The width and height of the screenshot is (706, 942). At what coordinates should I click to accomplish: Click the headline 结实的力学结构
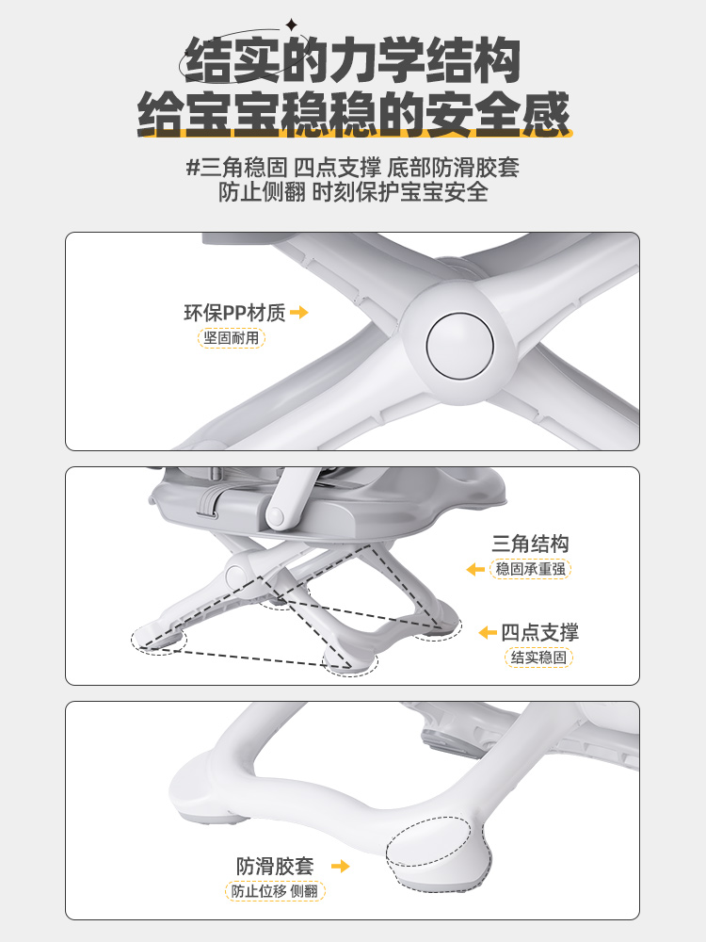[x=352, y=60]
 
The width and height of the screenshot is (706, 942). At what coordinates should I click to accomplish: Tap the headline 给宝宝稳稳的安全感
[x=353, y=114]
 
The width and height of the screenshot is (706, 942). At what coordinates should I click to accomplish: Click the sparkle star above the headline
[x=291, y=25]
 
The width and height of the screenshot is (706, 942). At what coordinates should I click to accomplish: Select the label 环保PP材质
[x=234, y=313]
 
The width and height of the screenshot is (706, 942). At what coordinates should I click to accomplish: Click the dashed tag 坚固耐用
[x=232, y=337]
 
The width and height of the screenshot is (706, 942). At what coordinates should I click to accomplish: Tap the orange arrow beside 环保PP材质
[x=299, y=313]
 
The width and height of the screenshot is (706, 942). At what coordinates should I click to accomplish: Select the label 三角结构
[x=530, y=544]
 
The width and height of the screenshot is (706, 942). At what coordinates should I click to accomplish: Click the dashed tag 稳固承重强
[x=530, y=569]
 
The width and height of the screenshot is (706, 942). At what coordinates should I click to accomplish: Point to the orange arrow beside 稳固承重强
[x=475, y=569]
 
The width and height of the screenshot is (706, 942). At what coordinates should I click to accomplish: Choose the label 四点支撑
[x=539, y=632]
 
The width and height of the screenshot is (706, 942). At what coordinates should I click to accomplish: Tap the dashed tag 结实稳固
[x=538, y=658]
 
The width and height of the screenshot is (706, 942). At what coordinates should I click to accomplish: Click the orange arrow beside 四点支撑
[x=488, y=632]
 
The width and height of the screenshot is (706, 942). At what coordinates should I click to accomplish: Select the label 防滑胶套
[x=275, y=866]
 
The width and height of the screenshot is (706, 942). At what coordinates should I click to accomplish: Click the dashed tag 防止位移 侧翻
[x=275, y=891]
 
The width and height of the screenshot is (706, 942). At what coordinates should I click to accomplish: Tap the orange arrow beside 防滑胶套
[x=341, y=866]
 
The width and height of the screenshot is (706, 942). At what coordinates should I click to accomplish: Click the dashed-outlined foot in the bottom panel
[x=439, y=853]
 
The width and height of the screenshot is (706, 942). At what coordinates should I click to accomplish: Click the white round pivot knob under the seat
[x=276, y=515]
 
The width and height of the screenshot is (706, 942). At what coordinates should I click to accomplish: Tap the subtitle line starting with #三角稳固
[x=353, y=167]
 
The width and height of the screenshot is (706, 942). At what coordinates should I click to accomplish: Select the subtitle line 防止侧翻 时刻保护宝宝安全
[x=353, y=192]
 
